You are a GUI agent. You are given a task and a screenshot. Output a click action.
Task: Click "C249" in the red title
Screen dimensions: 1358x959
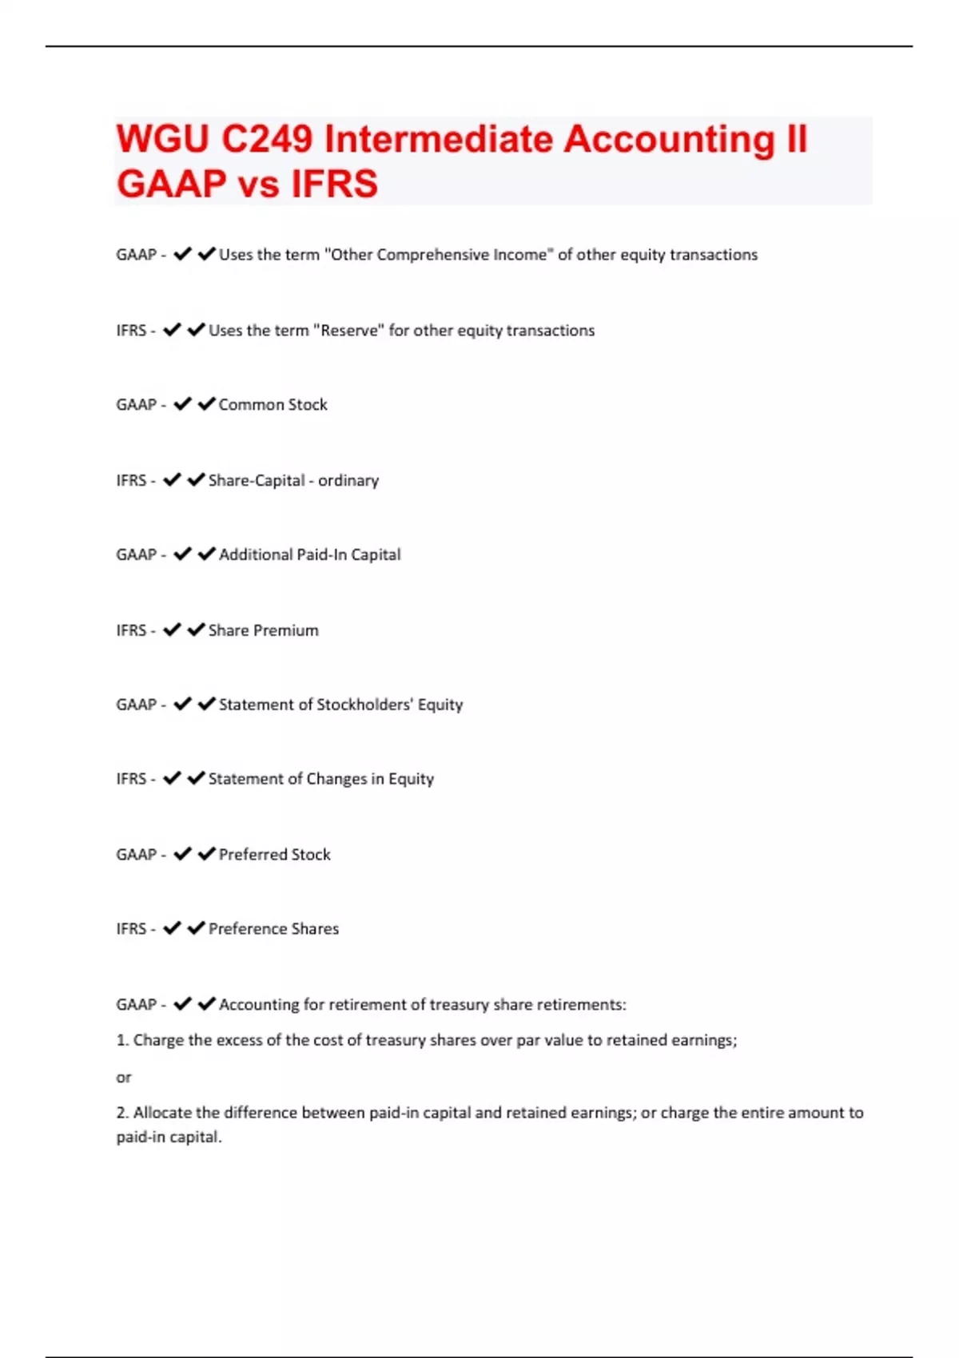coord(267,140)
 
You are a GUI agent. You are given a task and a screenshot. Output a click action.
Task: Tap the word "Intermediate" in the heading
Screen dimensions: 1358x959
coord(439,140)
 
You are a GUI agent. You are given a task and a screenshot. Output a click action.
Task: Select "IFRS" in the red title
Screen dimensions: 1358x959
coord(334,184)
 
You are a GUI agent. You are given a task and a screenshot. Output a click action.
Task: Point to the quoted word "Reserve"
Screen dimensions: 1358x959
coord(348,331)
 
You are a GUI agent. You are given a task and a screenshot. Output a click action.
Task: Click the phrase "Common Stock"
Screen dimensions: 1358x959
coord(273,405)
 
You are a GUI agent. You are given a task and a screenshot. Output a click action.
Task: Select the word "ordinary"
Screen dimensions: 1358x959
coord(348,481)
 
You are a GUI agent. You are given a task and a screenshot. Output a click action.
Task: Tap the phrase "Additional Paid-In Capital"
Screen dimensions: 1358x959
coord(309,555)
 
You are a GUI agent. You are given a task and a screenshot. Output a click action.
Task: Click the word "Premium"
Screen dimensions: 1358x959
coord(285,630)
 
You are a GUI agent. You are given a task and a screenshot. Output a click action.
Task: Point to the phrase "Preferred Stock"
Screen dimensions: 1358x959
coord(274,855)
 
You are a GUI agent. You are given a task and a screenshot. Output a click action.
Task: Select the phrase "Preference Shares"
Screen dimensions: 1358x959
coord(273,929)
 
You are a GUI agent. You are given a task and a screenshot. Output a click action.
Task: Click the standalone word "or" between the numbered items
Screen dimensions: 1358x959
coord(123,1078)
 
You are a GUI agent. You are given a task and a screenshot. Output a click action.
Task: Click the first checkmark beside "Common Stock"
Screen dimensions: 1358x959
coord(182,404)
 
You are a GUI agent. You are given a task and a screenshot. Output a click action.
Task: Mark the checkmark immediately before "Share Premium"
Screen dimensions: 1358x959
coord(196,629)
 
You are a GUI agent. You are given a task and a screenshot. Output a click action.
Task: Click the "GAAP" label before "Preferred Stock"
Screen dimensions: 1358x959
coord(136,855)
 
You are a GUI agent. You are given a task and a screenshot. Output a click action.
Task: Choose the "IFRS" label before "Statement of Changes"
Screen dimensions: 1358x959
coord(131,779)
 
